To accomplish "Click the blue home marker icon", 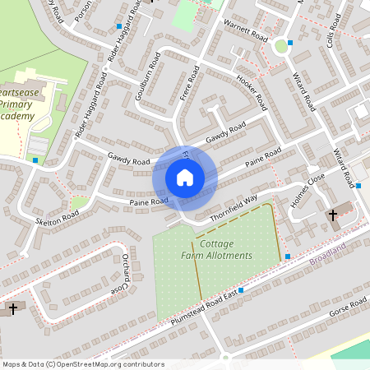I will coord(185,177).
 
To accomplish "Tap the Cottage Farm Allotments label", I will coord(216,250).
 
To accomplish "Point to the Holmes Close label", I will coord(308,192).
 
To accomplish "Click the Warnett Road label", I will coord(246,31).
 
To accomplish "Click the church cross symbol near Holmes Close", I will coord(333,215).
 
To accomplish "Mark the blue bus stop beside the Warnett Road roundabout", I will coord(290,43).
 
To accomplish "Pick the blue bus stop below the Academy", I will coord(35,160).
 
